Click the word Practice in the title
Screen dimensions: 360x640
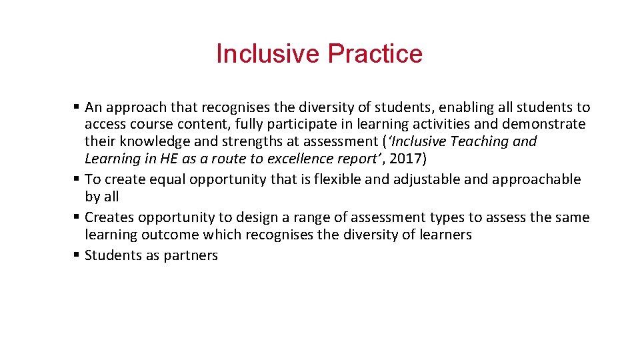pyautogui.click(x=381, y=54)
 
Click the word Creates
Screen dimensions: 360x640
pyautogui.click(x=109, y=217)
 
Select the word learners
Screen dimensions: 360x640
pyautogui.click(x=446, y=235)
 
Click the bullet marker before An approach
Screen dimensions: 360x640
pyautogui.click(x=77, y=107)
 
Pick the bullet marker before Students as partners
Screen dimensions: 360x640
pyautogui.click(x=77, y=255)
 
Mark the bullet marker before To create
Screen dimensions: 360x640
pyautogui.click(x=77, y=179)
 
